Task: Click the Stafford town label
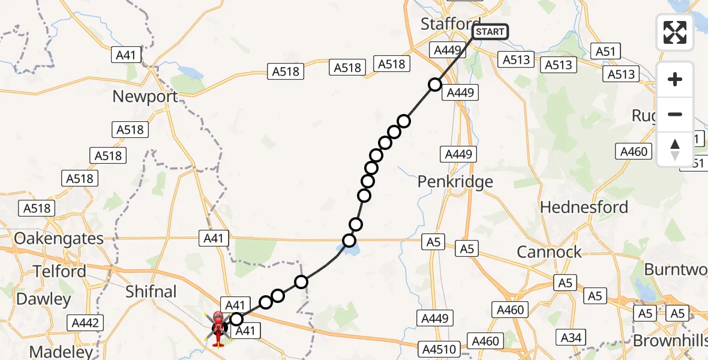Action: coord(450,24)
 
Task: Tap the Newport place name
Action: coord(145,96)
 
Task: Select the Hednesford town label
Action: coord(584,208)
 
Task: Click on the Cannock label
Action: coord(549,252)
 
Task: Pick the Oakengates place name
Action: coord(59,238)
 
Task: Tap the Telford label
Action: coord(59,271)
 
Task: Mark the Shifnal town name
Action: coord(151,292)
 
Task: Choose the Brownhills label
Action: coord(671,341)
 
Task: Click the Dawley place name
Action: coord(44,299)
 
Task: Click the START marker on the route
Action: coord(490,32)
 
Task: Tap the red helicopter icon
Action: coord(217,328)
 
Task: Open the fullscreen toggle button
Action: coord(675,32)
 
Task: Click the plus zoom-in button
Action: coord(675,79)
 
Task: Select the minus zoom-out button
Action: coord(675,114)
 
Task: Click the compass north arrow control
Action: coord(675,149)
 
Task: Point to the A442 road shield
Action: coord(85,323)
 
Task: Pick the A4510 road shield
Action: coord(442,349)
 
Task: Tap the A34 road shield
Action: coord(571,338)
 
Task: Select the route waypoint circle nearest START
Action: coord(435,85)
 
